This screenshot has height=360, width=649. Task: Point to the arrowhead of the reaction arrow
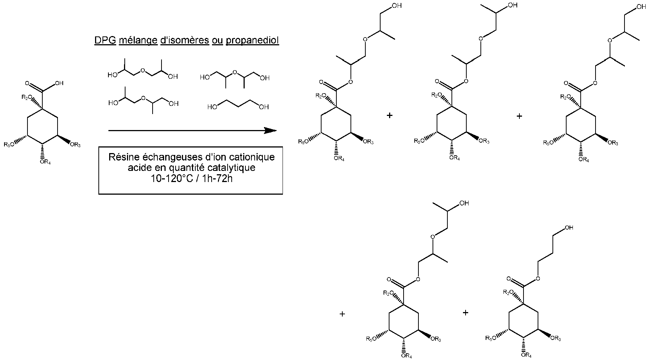pos(271,130)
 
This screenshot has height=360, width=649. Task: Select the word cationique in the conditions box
pos(254,158)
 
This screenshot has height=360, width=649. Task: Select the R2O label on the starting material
pos(27,98)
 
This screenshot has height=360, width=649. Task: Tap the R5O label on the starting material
pos(10,144)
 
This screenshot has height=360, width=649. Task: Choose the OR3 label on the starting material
pos(75,144)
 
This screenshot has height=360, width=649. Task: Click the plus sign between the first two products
pos(389,116)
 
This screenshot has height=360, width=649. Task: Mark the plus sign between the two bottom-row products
pos(466,313)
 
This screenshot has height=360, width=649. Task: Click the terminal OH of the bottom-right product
pos(568,228)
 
